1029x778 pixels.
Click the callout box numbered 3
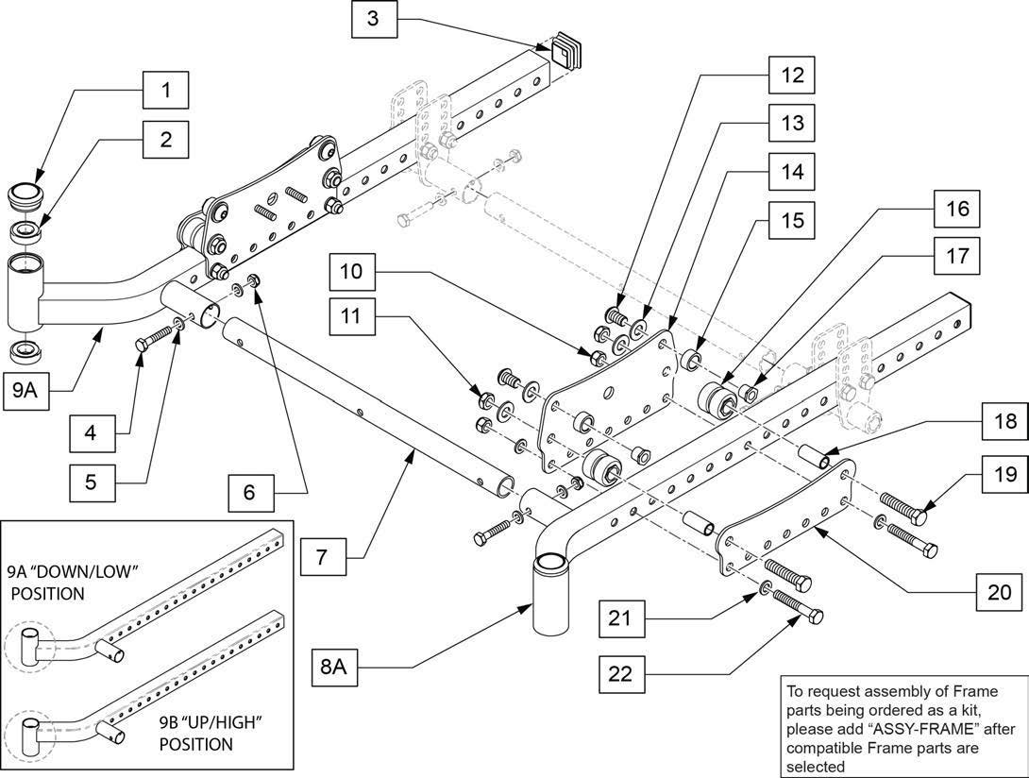coord(374,18)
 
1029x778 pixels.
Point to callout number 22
coord(621,673)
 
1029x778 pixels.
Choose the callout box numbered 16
coord(957,209)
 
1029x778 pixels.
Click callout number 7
coord(322,557)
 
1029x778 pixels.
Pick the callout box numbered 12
coord(792,75)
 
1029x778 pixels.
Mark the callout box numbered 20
coord(998,593)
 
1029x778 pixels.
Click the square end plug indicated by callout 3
coord(567,48)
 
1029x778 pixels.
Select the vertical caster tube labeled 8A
coord(550,594)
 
